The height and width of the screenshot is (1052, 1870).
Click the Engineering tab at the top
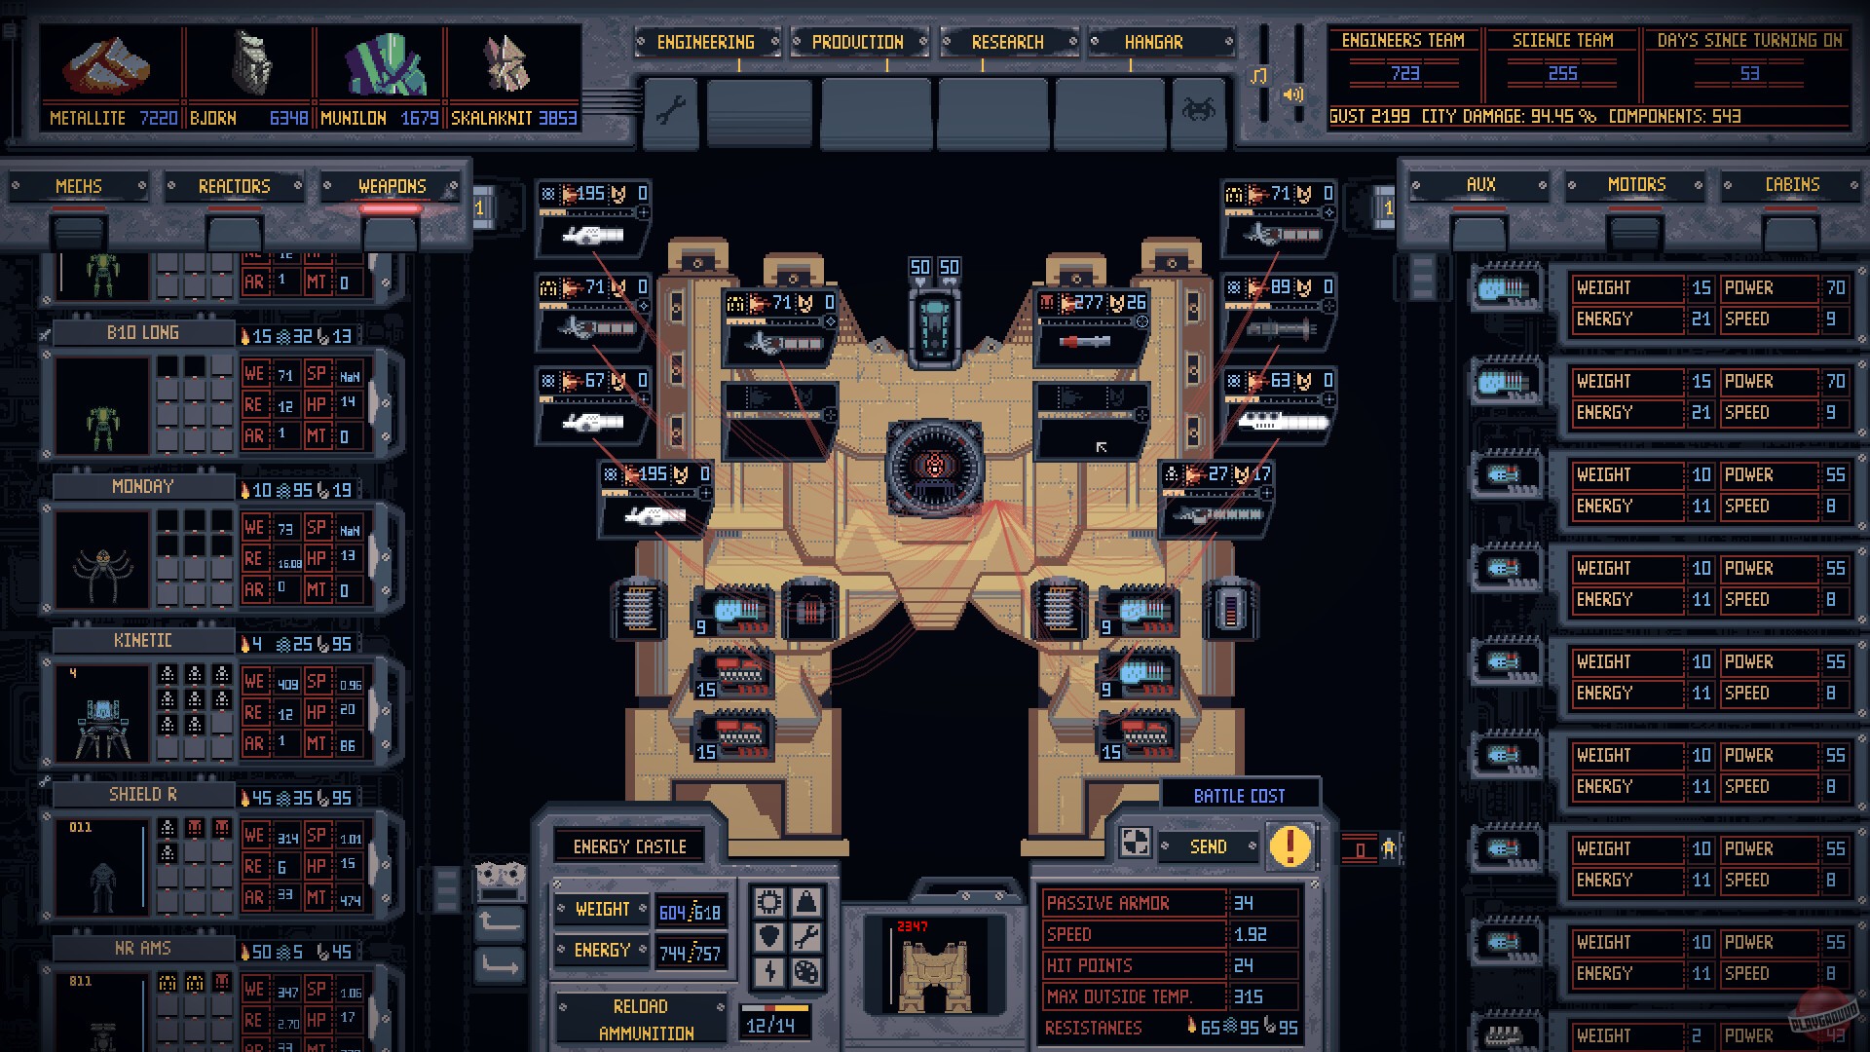705,42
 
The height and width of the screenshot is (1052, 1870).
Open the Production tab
857,42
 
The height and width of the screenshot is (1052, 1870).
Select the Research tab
1007,42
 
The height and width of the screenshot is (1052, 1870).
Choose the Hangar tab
1154,42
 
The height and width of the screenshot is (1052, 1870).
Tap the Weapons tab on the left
392,186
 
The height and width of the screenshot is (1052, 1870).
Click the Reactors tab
234,186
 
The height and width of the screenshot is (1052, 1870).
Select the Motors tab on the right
1636,184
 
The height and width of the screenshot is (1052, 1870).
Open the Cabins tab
1792,184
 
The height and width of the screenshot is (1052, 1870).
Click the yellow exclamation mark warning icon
1290,845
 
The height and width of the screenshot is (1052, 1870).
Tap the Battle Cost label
1239,796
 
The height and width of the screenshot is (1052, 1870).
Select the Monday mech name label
143,486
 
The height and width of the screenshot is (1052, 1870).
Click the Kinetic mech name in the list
143,640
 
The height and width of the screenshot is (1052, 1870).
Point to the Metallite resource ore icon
107,66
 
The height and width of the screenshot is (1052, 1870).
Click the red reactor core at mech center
934,468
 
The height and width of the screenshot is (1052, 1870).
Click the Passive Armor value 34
1244,903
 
